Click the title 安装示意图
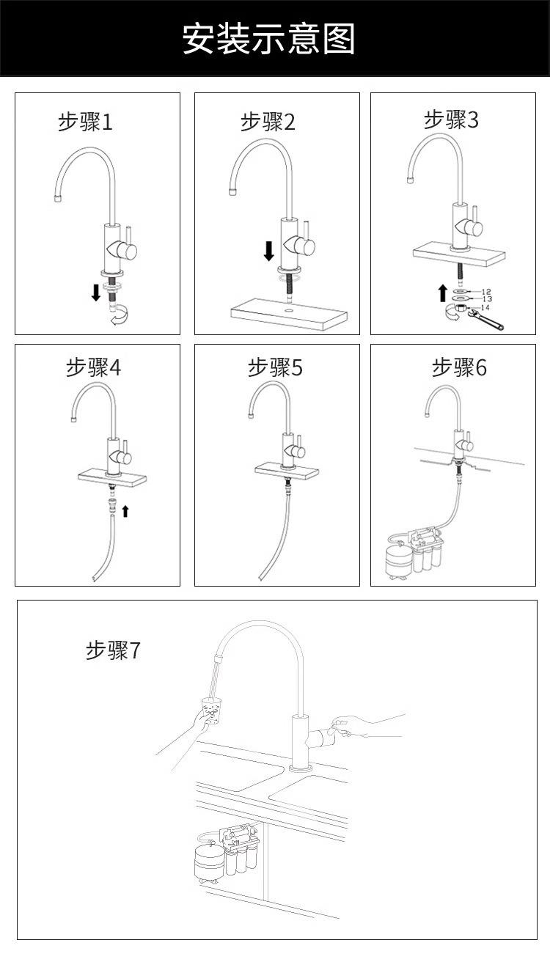pos(268,39)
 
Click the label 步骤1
pos(85,122)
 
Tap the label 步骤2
pos(268,122)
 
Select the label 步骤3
pos(451,120)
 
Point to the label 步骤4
pos(93,367)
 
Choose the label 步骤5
pos(275,367)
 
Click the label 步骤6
pos(459,367)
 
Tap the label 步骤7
pos(112,650)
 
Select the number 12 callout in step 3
pos(487,292)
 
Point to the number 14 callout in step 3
pos(485,307)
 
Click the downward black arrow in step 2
pos(268,251)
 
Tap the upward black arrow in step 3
pos(442,293)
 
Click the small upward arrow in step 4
pos(125,510)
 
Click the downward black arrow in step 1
pos(95,293)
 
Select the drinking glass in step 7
pos(212,711)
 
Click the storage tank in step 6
pos(399,559)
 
